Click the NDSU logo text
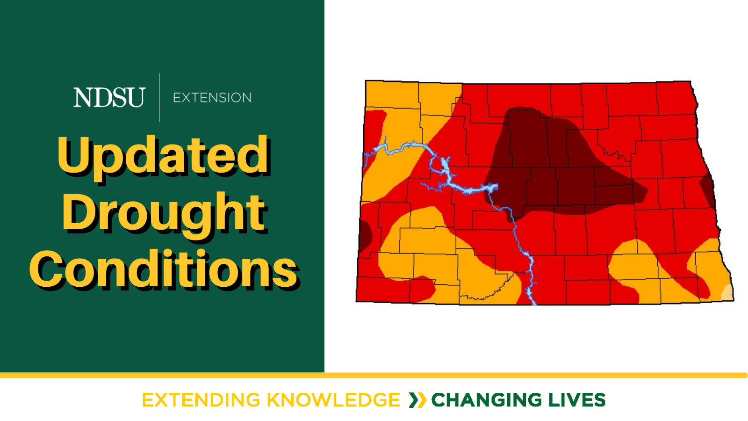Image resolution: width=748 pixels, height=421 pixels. (109, 97)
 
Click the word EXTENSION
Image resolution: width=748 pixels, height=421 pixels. (212, 98)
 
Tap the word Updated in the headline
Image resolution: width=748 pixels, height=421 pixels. (163, 156)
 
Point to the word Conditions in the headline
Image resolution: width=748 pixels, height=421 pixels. (163, 269)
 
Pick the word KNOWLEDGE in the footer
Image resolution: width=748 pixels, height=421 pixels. (333, 400)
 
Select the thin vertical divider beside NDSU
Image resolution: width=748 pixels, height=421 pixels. (159, 98)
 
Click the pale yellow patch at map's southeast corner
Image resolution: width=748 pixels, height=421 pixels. (728, 293)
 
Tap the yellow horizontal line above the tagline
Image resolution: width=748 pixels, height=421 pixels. (374, 375)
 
